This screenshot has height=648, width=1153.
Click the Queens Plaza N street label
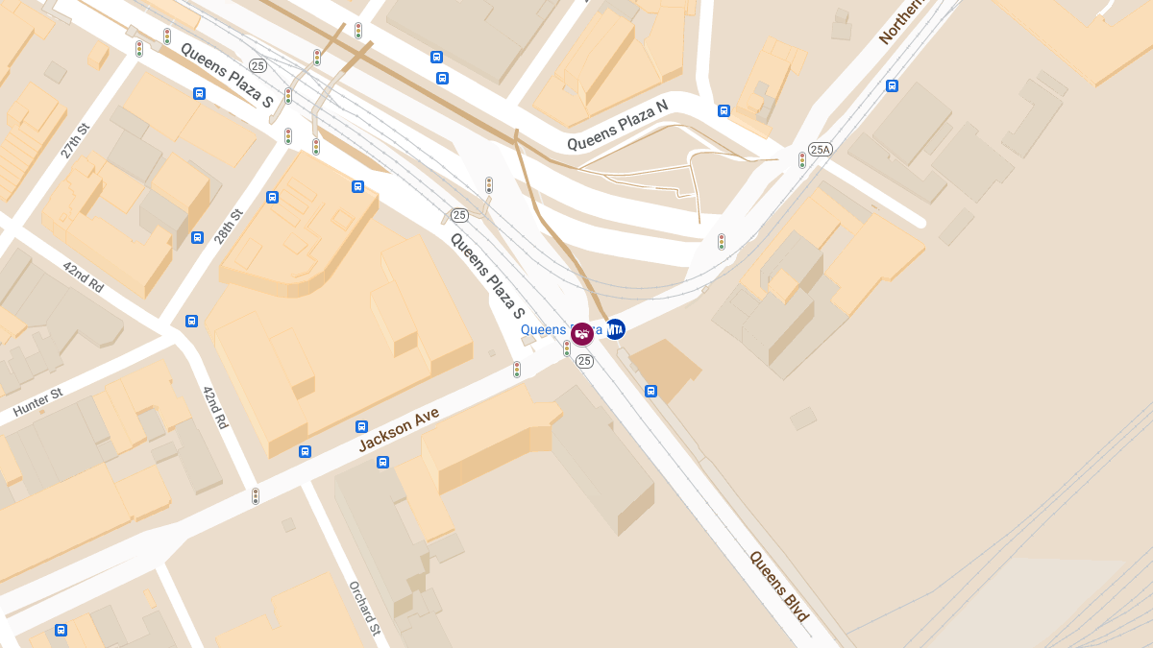click(617, 126)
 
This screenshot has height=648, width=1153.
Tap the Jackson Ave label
click(399, 429)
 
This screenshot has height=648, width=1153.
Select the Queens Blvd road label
click(779, 586)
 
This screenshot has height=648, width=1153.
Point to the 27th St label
click(74, 141)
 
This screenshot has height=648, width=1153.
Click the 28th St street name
click(229, 227)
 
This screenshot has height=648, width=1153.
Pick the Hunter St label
click(37, 402)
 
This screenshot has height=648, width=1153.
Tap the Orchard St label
click(365, 608)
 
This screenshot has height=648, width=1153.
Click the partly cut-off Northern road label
click(900, 21)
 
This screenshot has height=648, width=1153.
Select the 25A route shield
click(820, 149)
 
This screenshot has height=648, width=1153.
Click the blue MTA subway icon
click(615, 328)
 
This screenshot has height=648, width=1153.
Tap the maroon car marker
click(581, 333)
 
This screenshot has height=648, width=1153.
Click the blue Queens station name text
click(544, 329)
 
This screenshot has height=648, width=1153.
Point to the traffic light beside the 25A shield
click(802, 160)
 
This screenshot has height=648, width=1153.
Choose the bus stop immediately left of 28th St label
click(197, 237)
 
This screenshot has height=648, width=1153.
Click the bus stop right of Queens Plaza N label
click(724, 110)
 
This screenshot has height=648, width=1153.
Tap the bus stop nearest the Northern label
click(892, 85)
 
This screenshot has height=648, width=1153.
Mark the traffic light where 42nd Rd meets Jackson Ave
click(256, 496)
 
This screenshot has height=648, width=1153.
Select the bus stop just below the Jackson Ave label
click(382, 462)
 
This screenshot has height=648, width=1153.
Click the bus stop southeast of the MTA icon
click(650, 391)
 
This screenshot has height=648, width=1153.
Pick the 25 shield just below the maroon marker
click(584, 361)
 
